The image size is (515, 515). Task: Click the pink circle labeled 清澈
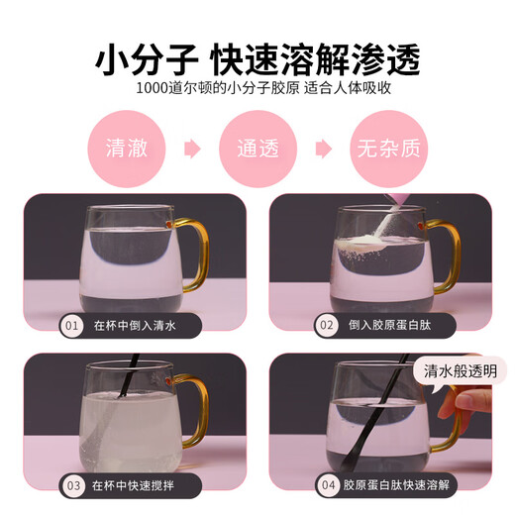click(x=127, y=149)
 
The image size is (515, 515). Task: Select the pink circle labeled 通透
click(x=257, y=149)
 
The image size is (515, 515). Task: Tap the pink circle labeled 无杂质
click(x=389, y=149)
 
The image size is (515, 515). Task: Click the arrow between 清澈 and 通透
click(x=192, y=149)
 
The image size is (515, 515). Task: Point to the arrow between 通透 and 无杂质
click(x=324, y=149)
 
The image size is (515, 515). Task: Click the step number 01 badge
click(x=71, y=326)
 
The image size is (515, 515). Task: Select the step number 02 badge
click(x=327, y=325)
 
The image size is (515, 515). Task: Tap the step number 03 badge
click(x=73, y=485)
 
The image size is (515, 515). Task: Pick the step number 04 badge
click(x=328, y=485)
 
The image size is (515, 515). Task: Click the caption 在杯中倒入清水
click(x=135, y=326)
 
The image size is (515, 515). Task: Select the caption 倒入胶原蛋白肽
click(x=390, y=325)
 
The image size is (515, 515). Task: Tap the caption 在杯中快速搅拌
click(x=133, y=485)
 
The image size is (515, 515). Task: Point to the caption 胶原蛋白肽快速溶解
click(x=396, y=485)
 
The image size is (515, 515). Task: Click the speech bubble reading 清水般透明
click(x=460, y=371)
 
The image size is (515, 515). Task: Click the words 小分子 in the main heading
click(x=147, y=60)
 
